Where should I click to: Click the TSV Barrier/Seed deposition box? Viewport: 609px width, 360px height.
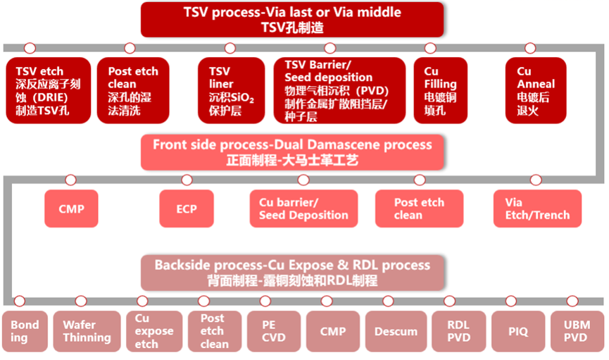[339, 91]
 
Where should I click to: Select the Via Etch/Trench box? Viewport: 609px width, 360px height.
[538, 209]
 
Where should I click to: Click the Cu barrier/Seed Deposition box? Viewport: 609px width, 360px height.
[303, 209]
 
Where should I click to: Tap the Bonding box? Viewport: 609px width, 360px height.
[25, 331]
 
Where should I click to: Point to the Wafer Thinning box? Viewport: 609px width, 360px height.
[87, 331]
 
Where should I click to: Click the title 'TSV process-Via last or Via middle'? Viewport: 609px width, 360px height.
[292, 19]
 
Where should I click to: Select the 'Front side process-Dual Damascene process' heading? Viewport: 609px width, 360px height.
[292, 152]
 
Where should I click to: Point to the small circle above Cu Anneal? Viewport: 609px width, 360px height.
[530, 48]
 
